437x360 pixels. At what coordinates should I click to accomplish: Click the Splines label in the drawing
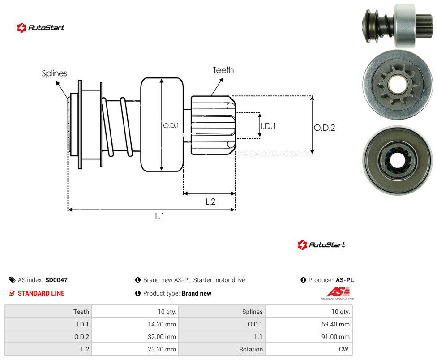click(x=54, y=73)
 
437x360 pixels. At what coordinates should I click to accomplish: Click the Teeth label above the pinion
click(x=223, y=70)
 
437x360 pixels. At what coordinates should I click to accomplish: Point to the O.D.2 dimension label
click(x=325, y=128)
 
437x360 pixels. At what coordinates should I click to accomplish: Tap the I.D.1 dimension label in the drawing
click(x=268, y=126)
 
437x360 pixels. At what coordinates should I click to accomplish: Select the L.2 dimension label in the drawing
click(x=210, y=201)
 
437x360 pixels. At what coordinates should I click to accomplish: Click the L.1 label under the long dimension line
click(x=160, y=216)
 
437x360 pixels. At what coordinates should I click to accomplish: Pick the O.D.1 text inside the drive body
click(x=171, y=126)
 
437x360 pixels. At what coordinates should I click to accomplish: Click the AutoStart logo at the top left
click(x=41, y=28)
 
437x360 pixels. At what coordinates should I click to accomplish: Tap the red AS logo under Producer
click(x=338, y=293)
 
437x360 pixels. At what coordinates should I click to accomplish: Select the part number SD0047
click(x=56, y=280)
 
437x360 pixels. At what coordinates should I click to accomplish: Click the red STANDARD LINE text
click(x=41, y=293)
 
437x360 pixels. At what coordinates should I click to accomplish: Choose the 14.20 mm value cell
click(x=135, y=324)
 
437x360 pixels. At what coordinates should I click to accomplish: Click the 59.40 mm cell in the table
click(x=309, y=324)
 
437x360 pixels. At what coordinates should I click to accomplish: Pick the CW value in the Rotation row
click(x=309, y=349)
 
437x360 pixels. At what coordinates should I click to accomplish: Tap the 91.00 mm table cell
click(x=309, y=337)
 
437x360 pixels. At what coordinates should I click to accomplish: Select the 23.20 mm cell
click(x=135, y=349)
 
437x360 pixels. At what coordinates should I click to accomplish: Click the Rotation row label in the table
click(x=251, y=349)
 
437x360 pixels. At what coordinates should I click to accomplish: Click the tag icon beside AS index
click(x=12, y=280)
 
